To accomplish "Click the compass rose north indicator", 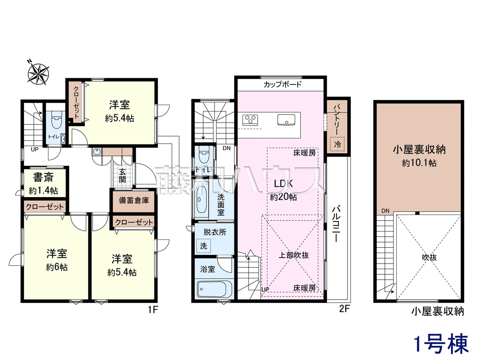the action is click(x=29, y=61).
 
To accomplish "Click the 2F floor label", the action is click(x=344, y=309).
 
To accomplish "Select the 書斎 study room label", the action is click(x=43, y=177).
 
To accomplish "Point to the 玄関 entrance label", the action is click(x=123, y=175).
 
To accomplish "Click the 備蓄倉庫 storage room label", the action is click(x=134, y=200).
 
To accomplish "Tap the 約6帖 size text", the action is click(x=57, y=267).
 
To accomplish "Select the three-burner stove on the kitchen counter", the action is click(x=250, y=120).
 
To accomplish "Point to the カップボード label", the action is click(x=282, y=84).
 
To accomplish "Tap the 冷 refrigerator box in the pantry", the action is click(x=337, y=144).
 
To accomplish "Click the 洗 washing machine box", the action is click(x=204, y=246).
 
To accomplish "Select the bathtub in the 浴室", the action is click(x=211, y=289).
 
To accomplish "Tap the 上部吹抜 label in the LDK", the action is click(x=294, y=255).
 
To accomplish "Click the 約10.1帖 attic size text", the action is click(x=419, y=163).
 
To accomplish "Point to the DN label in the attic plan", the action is click(x=385, y=211).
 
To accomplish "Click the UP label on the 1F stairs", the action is click(x=34, y=150).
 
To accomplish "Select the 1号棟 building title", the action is click(x=441, y=346).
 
